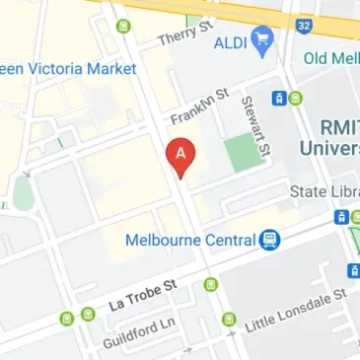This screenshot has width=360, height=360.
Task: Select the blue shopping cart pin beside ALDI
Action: (x=261, y=40)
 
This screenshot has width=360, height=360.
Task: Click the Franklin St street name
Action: (x=199, y=107)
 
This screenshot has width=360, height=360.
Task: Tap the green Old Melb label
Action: (x=330, y=58)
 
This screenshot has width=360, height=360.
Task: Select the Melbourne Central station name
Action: (x=191, y=239)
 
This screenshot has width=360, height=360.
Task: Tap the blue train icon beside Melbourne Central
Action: (x=269, y=239)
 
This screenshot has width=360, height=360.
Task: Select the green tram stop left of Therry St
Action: (x=122, y=26)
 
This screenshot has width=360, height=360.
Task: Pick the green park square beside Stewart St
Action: (x=239, y=153)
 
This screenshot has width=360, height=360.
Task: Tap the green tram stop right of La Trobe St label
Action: (x=210, y=284)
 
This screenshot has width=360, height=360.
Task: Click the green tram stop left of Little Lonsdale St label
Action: (x=229, y=319)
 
